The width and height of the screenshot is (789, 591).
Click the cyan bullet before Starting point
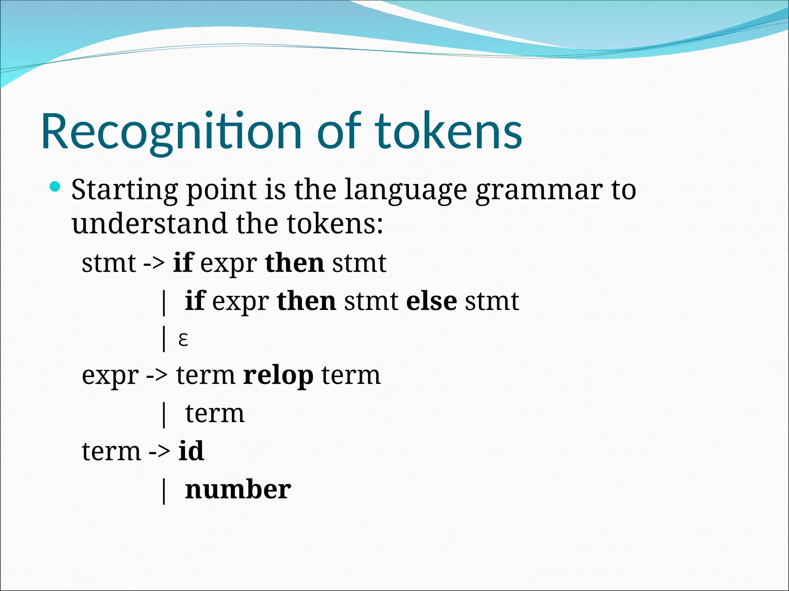55,187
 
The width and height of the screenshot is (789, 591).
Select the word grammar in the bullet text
539,190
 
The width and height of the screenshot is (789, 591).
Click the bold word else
431,301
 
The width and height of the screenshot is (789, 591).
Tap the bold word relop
278,376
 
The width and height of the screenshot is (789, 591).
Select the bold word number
238,490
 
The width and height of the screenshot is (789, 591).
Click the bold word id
191,451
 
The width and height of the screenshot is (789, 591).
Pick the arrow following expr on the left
157,376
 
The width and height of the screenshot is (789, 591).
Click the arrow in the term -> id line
159,452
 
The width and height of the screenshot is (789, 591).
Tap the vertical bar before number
164,491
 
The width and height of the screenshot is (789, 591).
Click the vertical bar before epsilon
164,339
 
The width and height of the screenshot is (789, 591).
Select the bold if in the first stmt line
183,263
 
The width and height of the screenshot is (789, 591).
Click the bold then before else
306,301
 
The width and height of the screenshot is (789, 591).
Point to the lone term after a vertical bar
215,414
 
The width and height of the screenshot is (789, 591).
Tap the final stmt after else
492,301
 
